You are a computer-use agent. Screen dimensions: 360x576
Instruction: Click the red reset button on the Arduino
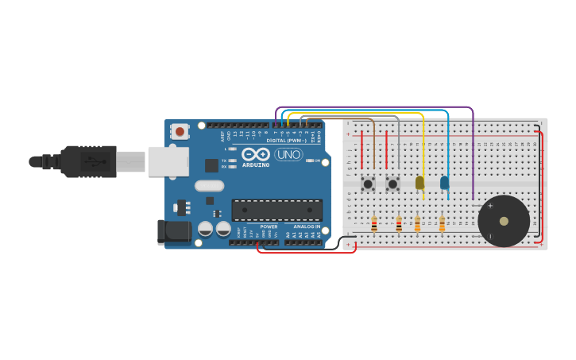(180, 131)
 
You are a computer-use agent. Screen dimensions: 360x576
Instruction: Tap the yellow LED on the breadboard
(419, 183)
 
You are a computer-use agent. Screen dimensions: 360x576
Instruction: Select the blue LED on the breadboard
(444, 183)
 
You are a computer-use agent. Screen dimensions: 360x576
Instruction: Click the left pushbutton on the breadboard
(368, 184)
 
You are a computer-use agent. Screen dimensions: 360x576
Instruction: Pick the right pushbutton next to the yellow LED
(392, 184)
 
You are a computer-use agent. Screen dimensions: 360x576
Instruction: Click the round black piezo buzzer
(504, 221)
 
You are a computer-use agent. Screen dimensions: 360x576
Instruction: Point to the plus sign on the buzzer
(490, 206)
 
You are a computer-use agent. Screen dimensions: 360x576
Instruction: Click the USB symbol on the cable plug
(94, 161)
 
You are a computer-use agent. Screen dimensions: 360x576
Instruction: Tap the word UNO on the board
(288, 154)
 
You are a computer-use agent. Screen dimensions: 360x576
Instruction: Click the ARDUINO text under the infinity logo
(256, 165)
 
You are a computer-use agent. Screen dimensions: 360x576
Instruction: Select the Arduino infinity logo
(256, 154)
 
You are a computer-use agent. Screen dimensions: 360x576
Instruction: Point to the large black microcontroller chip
(276, 210)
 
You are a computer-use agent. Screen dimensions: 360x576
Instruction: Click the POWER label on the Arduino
(269, 226)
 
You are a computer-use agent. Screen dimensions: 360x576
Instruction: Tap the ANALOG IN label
(307, 226)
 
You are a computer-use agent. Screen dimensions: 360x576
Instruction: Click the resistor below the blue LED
(442, 225)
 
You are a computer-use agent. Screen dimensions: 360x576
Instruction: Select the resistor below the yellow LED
(417, 225)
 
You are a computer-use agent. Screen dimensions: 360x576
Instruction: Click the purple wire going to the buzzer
(473, 151)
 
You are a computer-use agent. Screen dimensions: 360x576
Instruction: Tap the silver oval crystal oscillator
(209, 186)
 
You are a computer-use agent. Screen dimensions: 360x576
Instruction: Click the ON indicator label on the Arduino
(317, 161)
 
